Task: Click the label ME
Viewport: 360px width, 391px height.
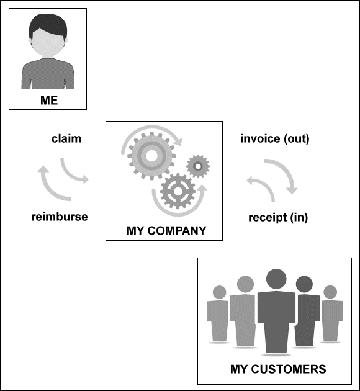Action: pyautogui.click(x=49, y=101)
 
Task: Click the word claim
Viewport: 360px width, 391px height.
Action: pyautogui.click(x=66, y=138)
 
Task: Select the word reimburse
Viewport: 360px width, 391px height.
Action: pyautogui.click(x=60, y=217)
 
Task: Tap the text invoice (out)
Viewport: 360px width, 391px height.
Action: pyautogui.click(x=275, y=138)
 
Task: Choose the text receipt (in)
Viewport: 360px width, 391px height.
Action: pyautogui.click(x=278, y=217)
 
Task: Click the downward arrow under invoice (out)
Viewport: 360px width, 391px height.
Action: pyautogui.click(x=287, y=172)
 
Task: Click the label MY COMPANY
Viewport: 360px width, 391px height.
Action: pyautogui.click(x=166, y=231)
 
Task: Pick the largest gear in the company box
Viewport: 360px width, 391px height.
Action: pyautogui.click(x=151, y=156)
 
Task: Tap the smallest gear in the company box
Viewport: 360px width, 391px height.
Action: pyautogui.click(x=198, y=166)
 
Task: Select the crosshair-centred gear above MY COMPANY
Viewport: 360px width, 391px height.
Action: pyautogui.click(x=178, y=191)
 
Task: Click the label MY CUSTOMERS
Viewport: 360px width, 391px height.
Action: pyautogui.click(x=278, y=369)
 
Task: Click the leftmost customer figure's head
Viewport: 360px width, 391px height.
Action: pyautogui.click(x=219, y=292)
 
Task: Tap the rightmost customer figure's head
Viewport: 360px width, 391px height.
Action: pyautogui.click(x=330, y=292)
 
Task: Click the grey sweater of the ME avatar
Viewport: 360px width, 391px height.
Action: pyautogui.click(x=48, y=74)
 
